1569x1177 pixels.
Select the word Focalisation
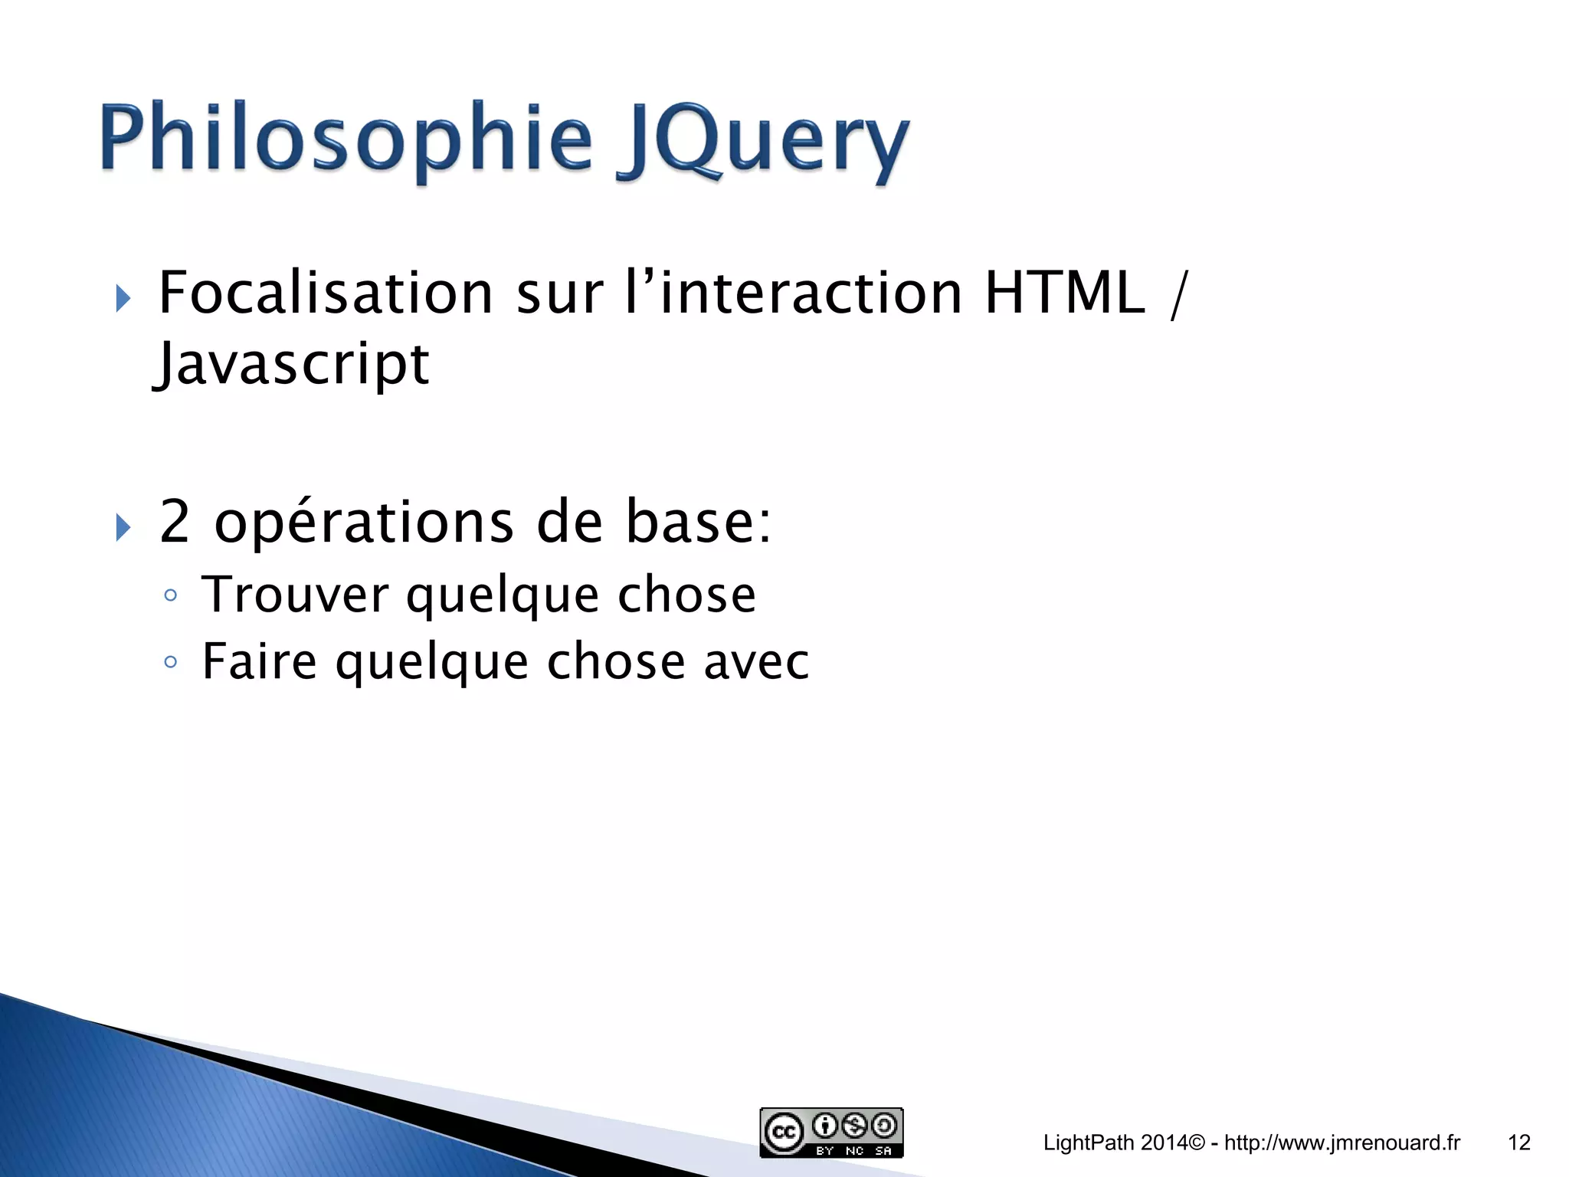coord(326,293)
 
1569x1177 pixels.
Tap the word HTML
coord(1065,293)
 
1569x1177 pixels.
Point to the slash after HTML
coord(1178,295)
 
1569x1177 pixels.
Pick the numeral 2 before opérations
coord(175,522)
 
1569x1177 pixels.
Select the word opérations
coord(364,523)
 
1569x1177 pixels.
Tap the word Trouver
coord(296,595)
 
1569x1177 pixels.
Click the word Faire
coord(259,662)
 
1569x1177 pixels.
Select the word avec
coord(756,662)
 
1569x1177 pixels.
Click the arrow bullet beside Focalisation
coord(123,298)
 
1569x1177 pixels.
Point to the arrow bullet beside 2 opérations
coord(123,527)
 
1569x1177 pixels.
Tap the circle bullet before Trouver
coord(171,596)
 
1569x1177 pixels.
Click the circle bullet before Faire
coord(171,662)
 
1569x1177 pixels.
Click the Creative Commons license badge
coord(831,1133)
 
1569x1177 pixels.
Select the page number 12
coord(1518,1143)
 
